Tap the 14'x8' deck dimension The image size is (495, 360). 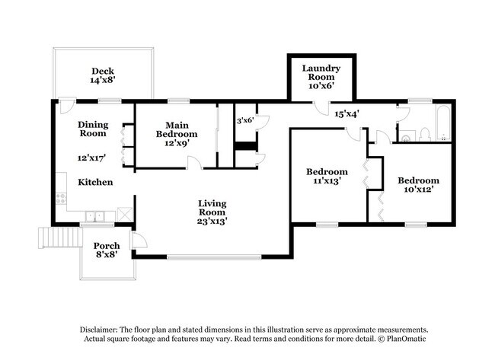[103, 78]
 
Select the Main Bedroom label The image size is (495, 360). [177, 129]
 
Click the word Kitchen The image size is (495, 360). [95, 182]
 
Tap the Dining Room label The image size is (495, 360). [92, 129]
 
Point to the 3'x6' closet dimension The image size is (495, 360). [244, 120]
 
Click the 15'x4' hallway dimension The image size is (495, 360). [346, 113]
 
